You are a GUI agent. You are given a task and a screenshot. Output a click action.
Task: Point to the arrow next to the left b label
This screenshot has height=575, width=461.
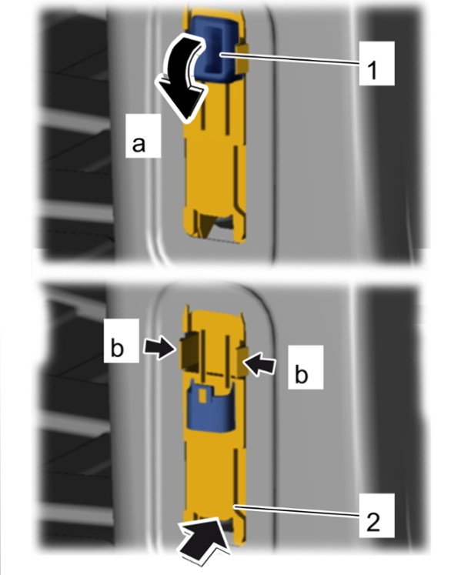click(x=159, y=348)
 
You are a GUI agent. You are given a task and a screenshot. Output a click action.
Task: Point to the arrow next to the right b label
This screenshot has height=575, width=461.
click(x=259, y=364)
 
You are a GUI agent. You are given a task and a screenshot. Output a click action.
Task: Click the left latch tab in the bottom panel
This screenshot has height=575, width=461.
click(x=189, y=350)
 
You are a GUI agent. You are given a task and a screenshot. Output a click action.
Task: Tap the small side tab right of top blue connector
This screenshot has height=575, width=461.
click(x=242, y=59)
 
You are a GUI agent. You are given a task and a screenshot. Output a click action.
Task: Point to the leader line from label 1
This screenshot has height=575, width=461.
click(x=289, y=59)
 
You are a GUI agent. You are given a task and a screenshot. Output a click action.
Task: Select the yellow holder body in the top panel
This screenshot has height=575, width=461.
click(x=215, y=147)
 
